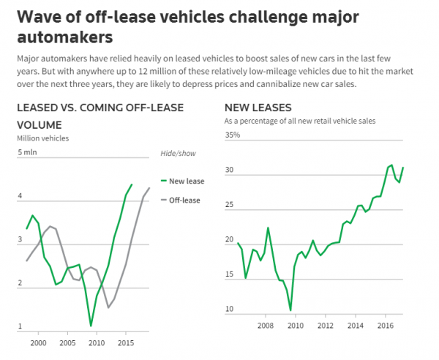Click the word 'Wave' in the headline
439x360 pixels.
tap(37, 16)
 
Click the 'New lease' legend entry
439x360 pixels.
tap(186, 181)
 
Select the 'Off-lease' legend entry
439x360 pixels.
tap(184, 200)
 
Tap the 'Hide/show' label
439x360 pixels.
tap(178, 153)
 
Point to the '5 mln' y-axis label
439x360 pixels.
tap(26, 152)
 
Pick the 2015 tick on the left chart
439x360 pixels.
tap(125, 342)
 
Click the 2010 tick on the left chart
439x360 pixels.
tap(97, 342)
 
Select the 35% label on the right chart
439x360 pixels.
tap(231, 135)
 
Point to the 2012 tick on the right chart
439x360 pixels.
tap(325, 326)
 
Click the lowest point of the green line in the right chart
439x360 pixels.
tap(290, 310)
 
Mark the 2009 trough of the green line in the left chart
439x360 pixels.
tap(91, 326)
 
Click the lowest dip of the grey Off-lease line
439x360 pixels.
tap(109, 307)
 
